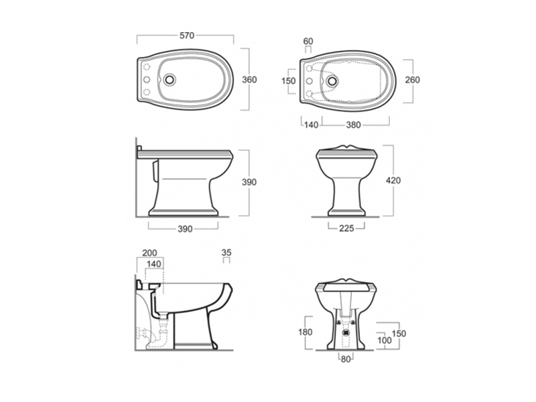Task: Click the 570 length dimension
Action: (187, 36)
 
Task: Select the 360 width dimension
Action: (249, 80)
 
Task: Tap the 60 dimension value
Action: (308, 41)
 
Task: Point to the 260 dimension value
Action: (412, 80)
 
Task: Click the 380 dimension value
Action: (354, 125)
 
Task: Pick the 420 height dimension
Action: (393, 180)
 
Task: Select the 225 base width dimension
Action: (346, 228)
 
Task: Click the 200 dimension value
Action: (149, 253)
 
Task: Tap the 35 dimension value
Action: (226, 253)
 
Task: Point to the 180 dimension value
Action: (306, 332)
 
